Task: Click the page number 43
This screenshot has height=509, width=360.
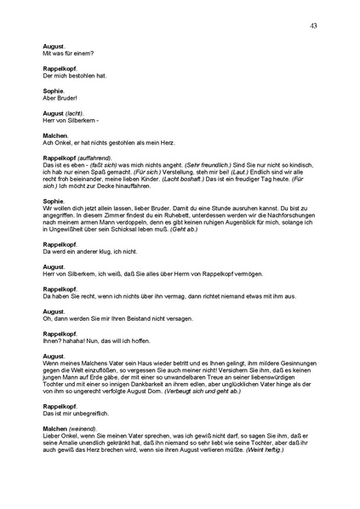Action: pos(315,26)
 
